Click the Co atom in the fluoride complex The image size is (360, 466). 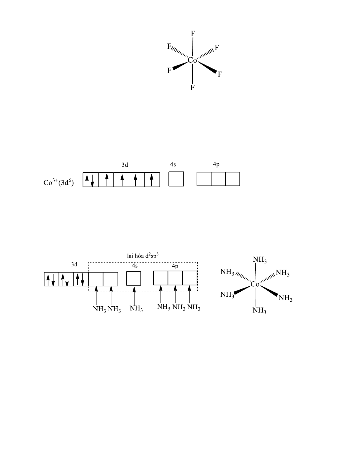tap(192, 60)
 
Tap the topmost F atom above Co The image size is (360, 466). tap(193, 34)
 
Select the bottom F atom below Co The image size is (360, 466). tap(192, 88)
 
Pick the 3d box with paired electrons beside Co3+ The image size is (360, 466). tap(91, 180)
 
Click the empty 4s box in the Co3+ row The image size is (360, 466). tap(176, 179)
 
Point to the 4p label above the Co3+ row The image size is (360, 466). tap(216, 164)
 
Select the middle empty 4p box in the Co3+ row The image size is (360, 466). tap(218, 179)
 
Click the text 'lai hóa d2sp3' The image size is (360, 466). tap(143, 255)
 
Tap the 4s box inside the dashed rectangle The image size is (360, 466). tap(133, 278)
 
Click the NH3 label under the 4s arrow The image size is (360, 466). tap(136, 309)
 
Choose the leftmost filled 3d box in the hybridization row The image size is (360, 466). tap(51, 279)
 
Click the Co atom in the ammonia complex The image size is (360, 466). tap(255, 284)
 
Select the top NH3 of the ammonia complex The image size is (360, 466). tap(260, 260)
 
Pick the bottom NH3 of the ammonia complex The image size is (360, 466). tap(259, 310)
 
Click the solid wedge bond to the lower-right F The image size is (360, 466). tap(207, 68)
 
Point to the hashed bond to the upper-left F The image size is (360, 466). tap(180, 52)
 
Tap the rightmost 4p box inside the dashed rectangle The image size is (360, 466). tap(190, 278)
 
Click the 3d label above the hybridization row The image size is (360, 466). tap(74, 264)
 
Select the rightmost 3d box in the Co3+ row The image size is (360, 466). tap(152, 180)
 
